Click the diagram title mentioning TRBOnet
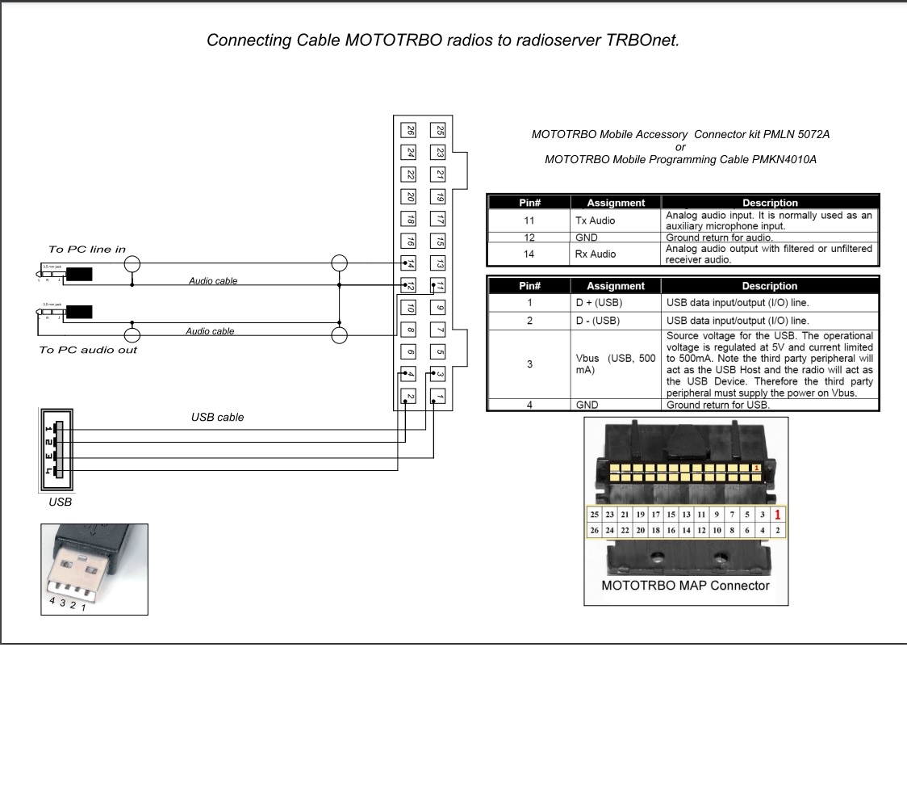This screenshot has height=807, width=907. pyautogui.click(x=443, y=40)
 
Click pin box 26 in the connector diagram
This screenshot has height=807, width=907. pyautogui.click(x=410, y=130)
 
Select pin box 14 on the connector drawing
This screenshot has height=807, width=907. pyautogui.click(x=410, y=263)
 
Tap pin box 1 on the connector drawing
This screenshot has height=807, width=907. pyautogui.click(x=438, y=396)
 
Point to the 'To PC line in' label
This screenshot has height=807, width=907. pyautogui.click(x=87, y=250)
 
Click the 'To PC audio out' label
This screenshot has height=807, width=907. pyautogui.click(x=88, y=350)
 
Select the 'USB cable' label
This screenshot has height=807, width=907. pyautogui.click(x=217, y=418)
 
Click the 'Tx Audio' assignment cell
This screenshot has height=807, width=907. pyautogui.click(x=596, y=221)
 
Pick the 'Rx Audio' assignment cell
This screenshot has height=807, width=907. pyautogui.click(x=596, y=254)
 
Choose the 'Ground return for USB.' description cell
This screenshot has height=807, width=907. pyautogui.click(x=717, y=405)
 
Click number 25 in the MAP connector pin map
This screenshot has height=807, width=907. pyautogui.click(x=595, y=515)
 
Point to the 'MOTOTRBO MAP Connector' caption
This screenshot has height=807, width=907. pyautogui.click(x=685, y=586)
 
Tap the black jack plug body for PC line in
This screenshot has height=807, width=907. pyautogui.click(x=79, y=274)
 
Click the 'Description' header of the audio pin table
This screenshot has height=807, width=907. pyautogui.click(x=769, y=203)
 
